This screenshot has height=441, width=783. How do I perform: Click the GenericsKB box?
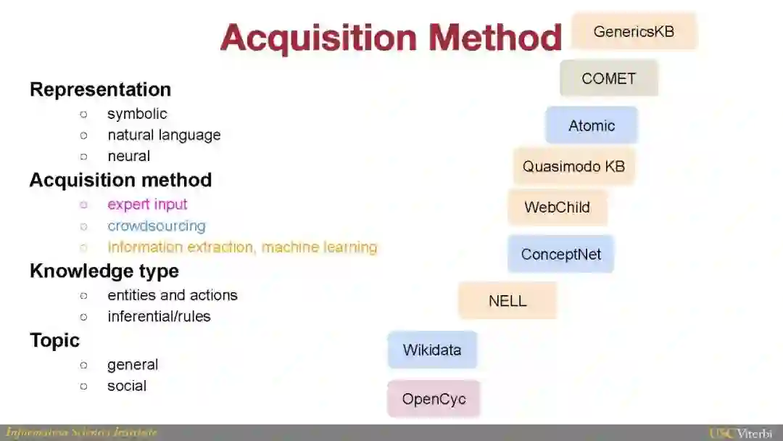tap(634, 31)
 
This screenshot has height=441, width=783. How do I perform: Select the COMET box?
tap(608, 78)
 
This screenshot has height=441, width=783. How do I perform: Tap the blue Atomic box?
tap(591, 125)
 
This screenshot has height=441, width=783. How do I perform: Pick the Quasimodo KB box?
tap(573, 166)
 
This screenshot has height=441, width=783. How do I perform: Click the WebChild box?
tap(557, 207)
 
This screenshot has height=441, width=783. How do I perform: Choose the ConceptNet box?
tap(560, 254)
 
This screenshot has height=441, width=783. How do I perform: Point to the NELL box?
tap(507, 300)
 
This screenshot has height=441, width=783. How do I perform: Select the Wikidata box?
tap(432, 350)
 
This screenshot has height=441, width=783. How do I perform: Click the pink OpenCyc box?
tap(434, 399)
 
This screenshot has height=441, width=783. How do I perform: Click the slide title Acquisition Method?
tap(391, 37)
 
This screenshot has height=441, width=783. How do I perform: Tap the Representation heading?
tap(100, 89)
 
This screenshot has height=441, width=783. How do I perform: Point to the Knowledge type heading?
tap(104, 271)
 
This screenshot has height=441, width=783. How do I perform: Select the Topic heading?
tap(54, 340)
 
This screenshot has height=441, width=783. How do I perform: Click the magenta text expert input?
tap(147, 205)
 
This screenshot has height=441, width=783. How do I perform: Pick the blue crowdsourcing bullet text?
tap(156, 226)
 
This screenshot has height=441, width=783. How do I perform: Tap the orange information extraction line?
tap(242, 247)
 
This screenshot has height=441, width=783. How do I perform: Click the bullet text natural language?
tap(164, 135)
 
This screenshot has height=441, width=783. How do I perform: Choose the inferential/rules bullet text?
tap(159, 316)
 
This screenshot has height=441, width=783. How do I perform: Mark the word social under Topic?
tap(127, 386)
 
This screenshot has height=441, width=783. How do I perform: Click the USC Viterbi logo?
tap(744, 433)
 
